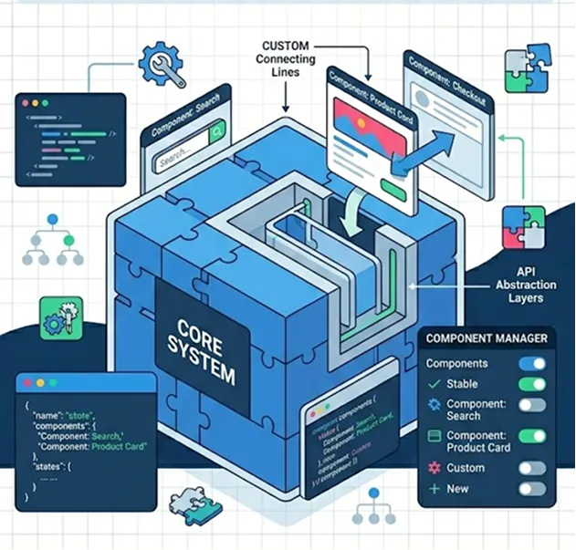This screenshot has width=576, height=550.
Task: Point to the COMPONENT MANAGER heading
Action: click(487, 339)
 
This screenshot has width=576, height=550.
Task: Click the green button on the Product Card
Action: click(393, 188)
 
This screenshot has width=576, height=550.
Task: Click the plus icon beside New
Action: click(434, 489)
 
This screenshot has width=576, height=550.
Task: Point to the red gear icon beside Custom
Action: click(434, 468)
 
